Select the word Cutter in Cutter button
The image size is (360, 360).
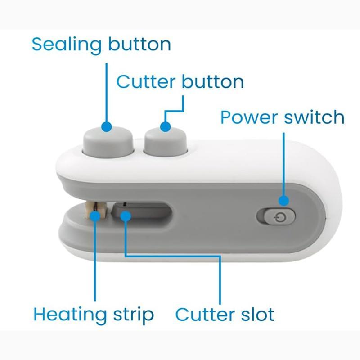[146, 81]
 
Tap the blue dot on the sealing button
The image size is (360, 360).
[107, 127]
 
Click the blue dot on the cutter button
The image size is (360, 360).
[165, 127]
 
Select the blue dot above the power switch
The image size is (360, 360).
[284, 201]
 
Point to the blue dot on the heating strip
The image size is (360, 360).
[95, 216]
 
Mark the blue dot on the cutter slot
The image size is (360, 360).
[126, 216]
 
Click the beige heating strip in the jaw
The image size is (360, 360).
[96, 211]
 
